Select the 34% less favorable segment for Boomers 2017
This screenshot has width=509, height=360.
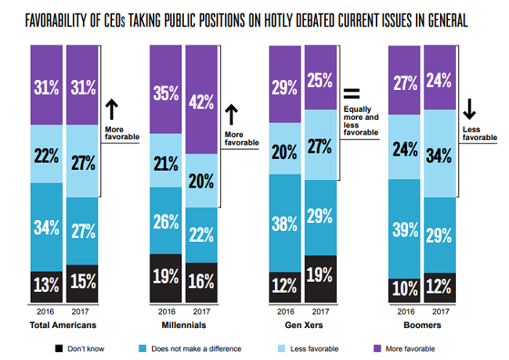[x=441, y=154]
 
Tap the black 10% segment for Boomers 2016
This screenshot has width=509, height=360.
[x=405, y=289]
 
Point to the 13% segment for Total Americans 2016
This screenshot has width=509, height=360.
[x=45, y=285]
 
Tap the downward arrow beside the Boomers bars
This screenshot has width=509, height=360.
[x=467, y=109]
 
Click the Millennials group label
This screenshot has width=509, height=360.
[x=183, y=324]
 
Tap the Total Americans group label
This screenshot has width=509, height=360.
[x=63, y=324]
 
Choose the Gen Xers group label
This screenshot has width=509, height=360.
[x=302, y=324]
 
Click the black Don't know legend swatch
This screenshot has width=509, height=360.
[x=59, y=348]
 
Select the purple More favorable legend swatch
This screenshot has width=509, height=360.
[x=380, y=348]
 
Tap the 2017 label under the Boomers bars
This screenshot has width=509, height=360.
[x=441, y=312]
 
